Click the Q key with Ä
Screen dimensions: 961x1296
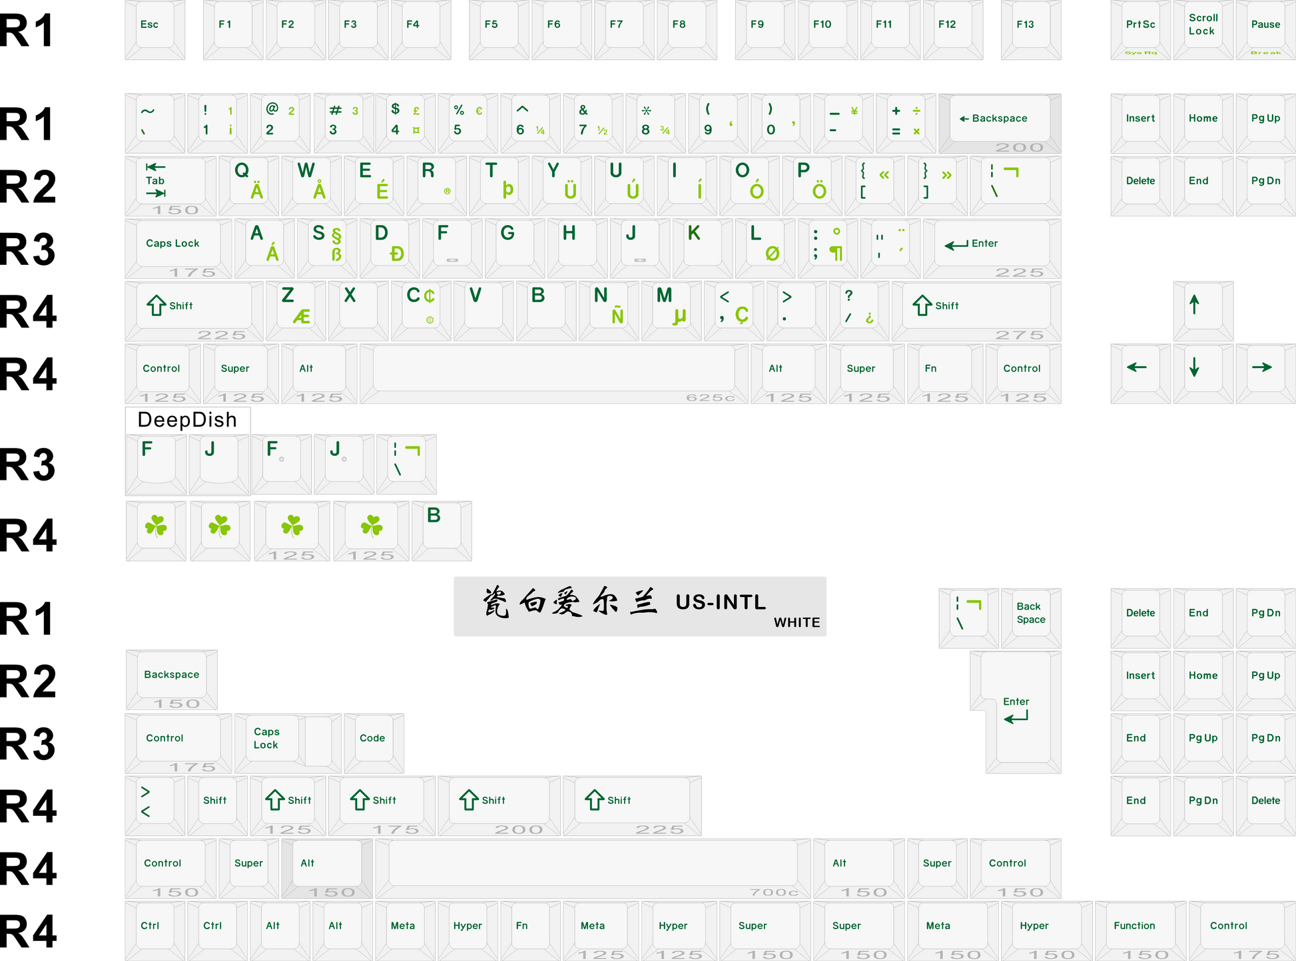click(x=248, y=183)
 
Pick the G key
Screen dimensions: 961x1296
click(x=515, y=246)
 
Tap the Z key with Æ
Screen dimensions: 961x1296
click(x=295, y=308)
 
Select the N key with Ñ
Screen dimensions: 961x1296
click(x=608, y=308)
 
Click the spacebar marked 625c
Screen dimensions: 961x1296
click(x=553, y=371)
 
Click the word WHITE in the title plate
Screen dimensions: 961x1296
click(x=797, y=623)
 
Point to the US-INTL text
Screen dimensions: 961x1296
click(x=721, y=602)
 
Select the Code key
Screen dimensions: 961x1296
click(x=373, y=740)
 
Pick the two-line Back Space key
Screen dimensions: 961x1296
click(x=1031, y=615)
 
